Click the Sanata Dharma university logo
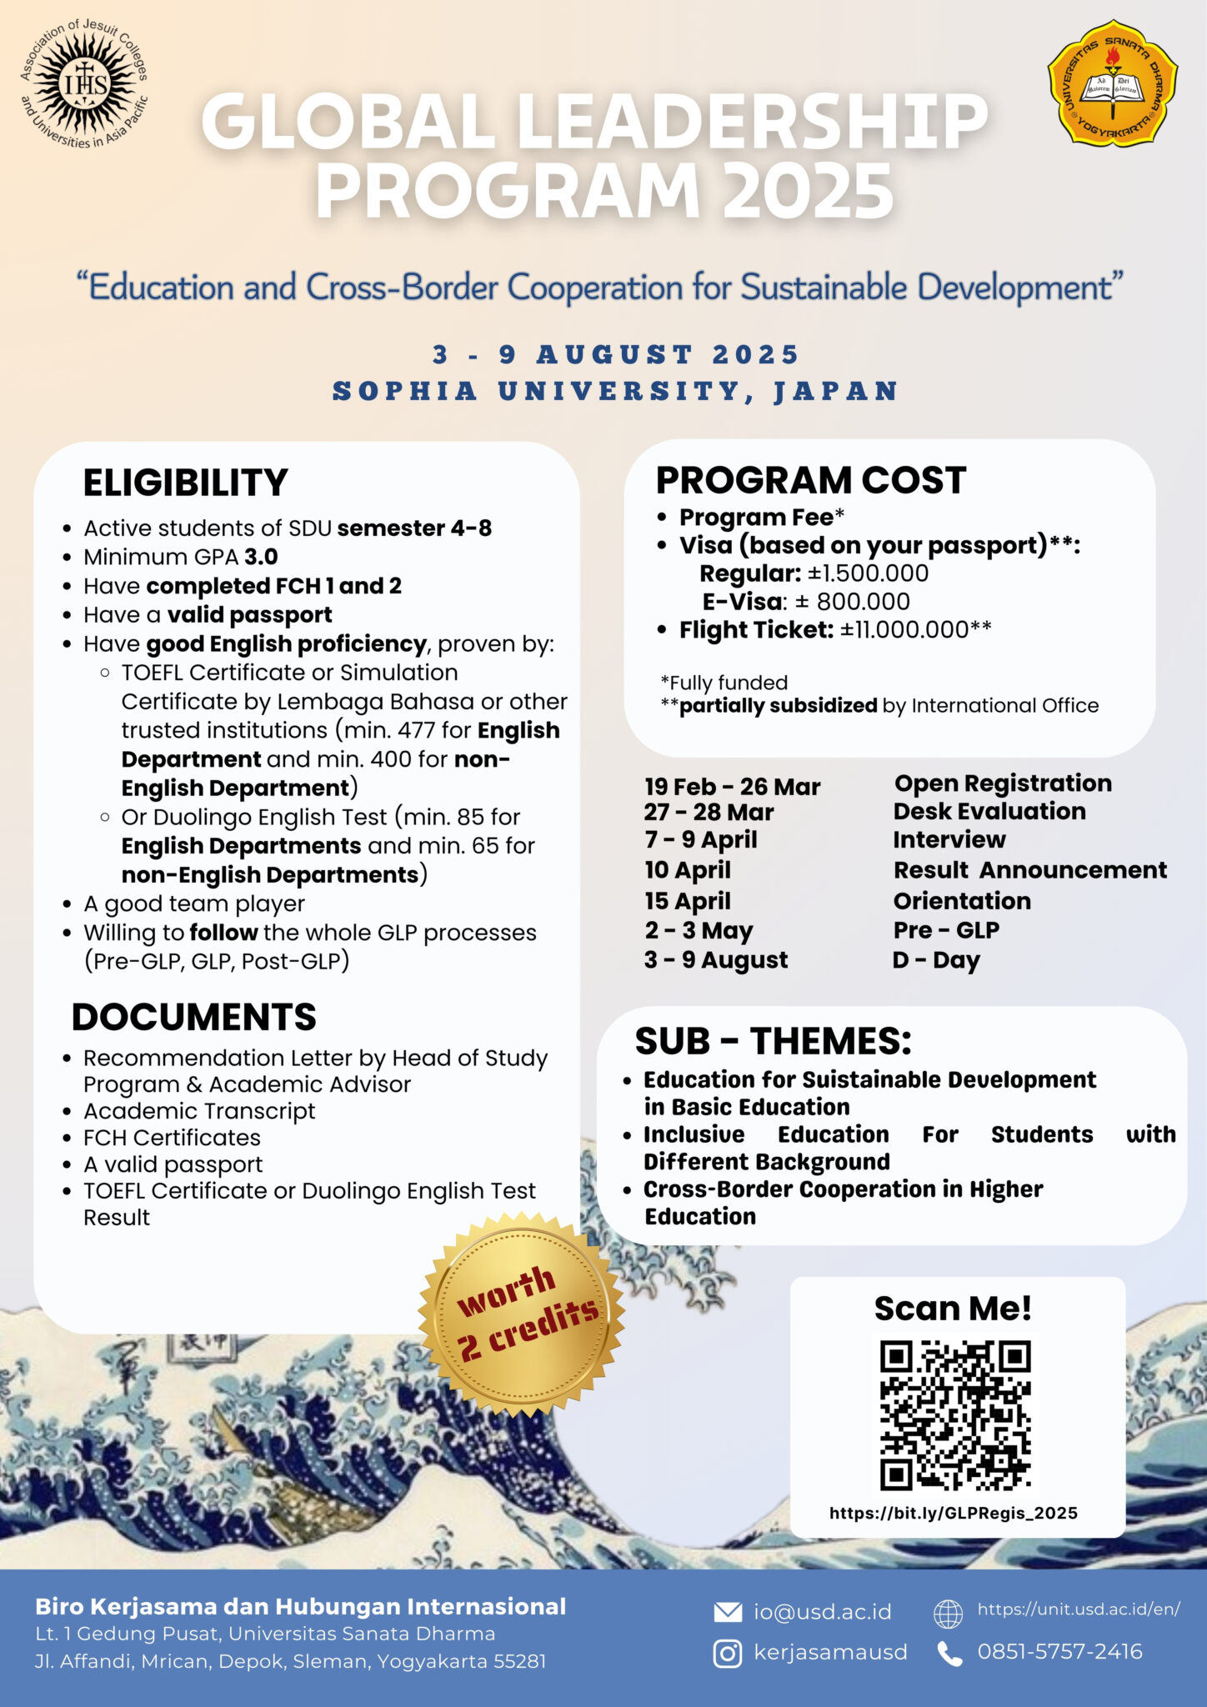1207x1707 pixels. [1112, 83]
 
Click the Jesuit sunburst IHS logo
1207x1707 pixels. [85, 84]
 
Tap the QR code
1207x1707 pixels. [955, 1415]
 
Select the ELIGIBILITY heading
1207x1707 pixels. [185, 483]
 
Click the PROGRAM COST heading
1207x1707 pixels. [810, 481]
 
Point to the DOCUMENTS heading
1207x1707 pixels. [193, 1017]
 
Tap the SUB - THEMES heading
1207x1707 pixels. [773, 1041]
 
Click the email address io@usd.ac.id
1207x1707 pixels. [822, 1612]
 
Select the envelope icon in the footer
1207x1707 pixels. [728, 1613]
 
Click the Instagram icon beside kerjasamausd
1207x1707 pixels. [728, 1654]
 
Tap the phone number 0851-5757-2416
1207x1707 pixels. [1059, 1652]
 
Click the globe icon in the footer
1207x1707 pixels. [948, 1614]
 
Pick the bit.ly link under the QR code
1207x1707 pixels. [953, 1514]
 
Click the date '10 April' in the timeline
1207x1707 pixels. [687, 870]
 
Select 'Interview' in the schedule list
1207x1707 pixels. [949, 840]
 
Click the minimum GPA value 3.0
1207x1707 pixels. [261, 557]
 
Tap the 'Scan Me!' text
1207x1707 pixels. [953, 1309]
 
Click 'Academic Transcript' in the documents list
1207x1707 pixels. [199, 1111]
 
